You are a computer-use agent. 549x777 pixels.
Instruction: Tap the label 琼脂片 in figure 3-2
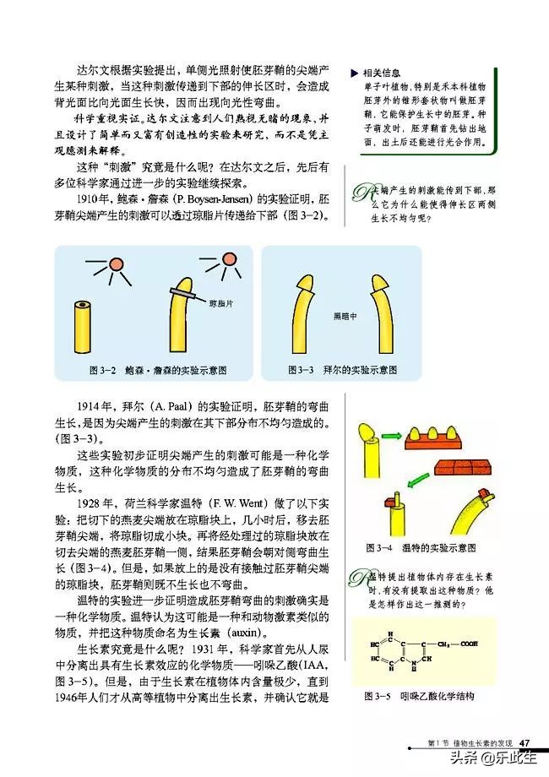tap(220, 302)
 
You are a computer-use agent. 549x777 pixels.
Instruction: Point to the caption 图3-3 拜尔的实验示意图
tap(342, 371)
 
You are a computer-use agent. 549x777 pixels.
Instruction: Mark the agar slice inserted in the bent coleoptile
tap(188, 292)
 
